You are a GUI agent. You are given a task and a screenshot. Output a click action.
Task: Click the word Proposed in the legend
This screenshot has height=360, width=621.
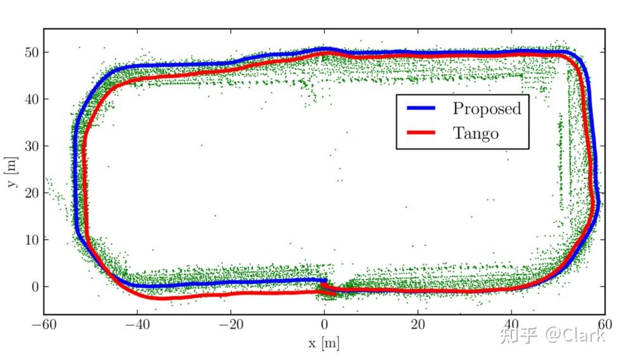487,108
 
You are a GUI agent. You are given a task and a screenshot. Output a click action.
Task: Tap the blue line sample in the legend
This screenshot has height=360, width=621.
421,108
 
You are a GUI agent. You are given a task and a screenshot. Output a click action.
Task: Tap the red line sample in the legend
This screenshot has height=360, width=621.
421,133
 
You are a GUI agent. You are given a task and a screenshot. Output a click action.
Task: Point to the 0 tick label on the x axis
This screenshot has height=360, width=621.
324,325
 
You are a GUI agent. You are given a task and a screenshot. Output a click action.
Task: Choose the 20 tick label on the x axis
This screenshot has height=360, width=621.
418,325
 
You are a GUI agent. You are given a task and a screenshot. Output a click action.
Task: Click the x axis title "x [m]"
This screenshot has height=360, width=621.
323,344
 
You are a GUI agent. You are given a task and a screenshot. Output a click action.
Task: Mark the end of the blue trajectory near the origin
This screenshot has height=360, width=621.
326,280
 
